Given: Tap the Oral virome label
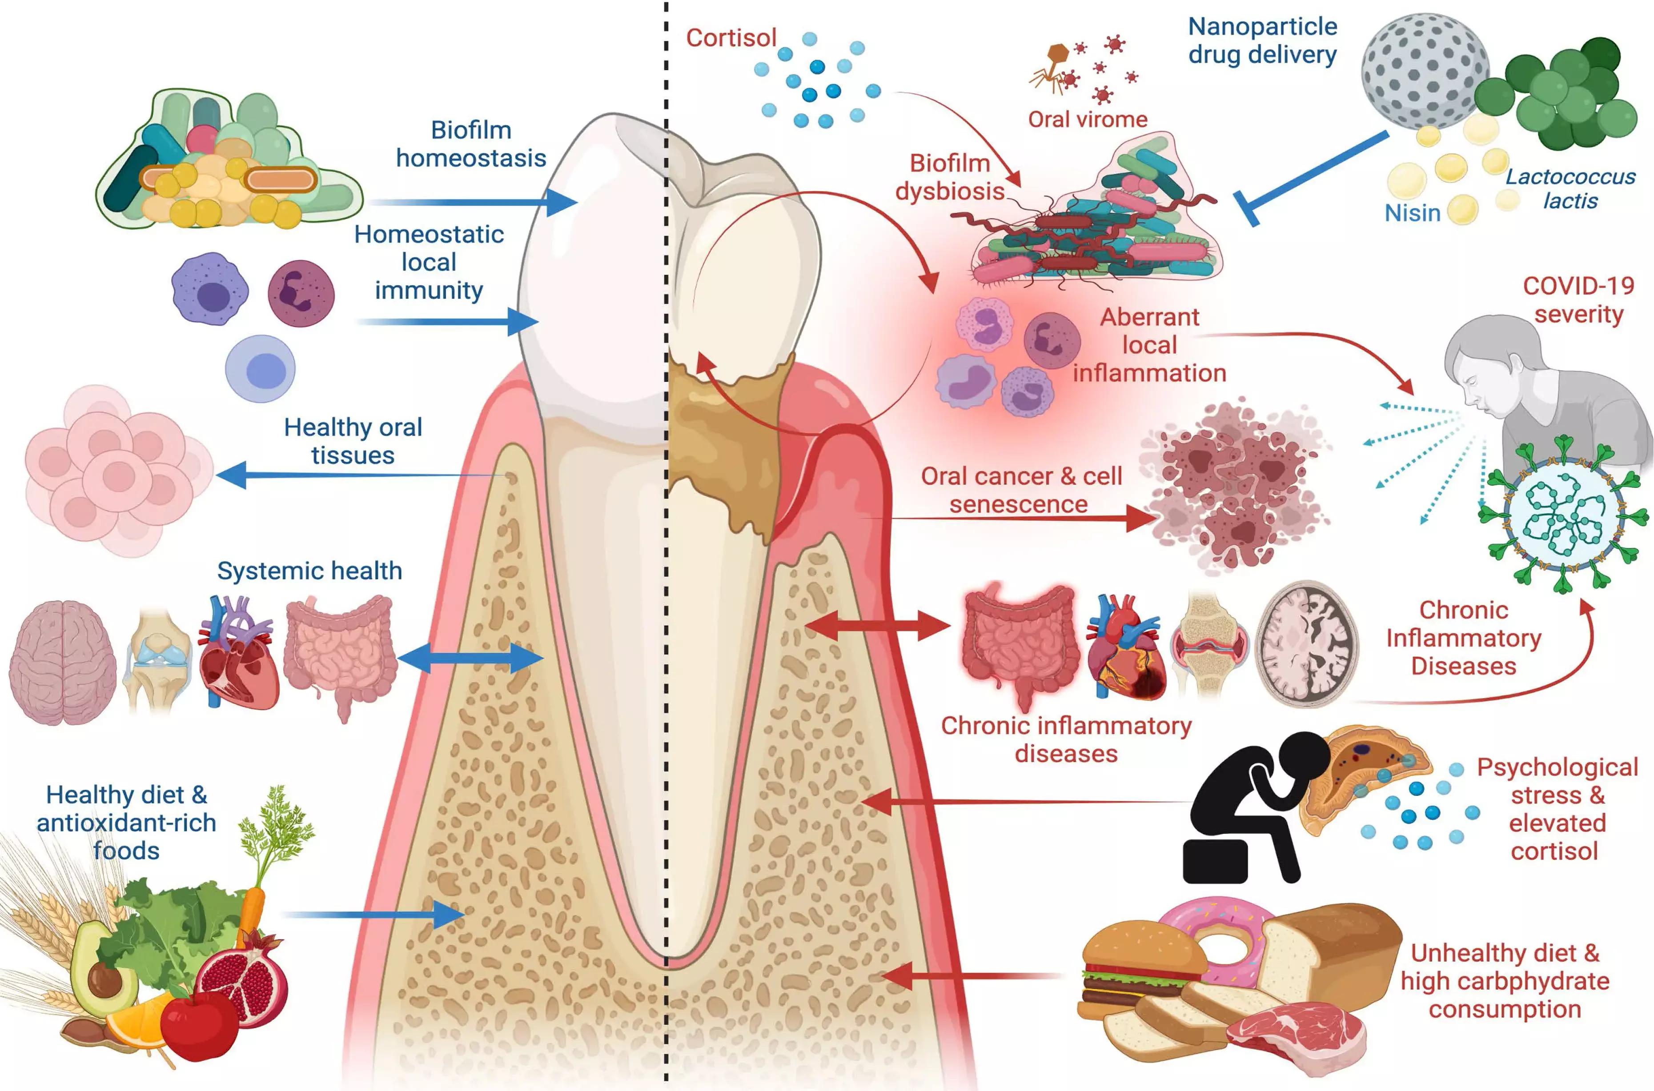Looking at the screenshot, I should (x=1088, y=119).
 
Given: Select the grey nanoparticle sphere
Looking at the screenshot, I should (x=1424, y=70).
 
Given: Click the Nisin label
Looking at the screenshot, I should (x=1412, y=213).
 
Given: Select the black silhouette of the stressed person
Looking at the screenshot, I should (x=1246, y=807).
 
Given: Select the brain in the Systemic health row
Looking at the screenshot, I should (x=63, y=661).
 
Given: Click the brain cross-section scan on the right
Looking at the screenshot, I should (x=1307, y=643).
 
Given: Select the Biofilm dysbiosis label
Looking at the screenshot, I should (x=950, y=177).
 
